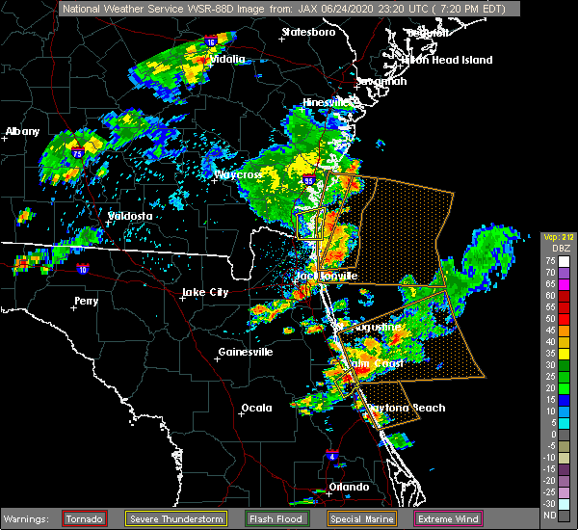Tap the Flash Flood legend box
click(283, 518)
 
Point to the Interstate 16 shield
click(210, 42)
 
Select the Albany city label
click(21, 131)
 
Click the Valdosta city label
click(130, 216)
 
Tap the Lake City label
click(205, 292)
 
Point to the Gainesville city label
click(246, 352)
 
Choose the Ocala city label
click(256, 408)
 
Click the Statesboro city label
click(308, 32)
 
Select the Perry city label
click(86, 302)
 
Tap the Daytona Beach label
click(409, 408)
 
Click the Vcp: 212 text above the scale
click(558, 237)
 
